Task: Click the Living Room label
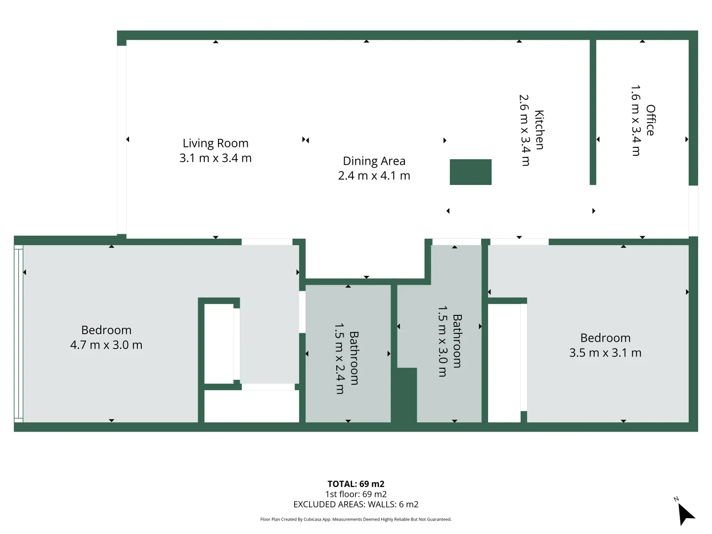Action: click(215, 143)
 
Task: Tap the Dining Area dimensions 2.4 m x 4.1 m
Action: click(374, 176)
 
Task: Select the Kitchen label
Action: click(539, 130)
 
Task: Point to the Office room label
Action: click(650, 120)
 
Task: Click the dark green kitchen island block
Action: click(470, 172)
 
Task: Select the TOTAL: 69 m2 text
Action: click(356, 484)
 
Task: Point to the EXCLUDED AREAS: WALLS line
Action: click(356, 504)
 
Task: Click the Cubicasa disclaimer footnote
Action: click(356, 519)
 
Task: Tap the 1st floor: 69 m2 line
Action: click(356, 494)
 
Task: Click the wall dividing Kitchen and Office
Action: click(593, 111)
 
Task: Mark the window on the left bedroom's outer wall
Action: click(18, 334)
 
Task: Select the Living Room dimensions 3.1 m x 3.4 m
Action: click(215, 158)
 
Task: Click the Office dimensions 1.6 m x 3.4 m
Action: click(636, 121)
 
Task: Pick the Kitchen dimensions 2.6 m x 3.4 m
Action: click(525, 130)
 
